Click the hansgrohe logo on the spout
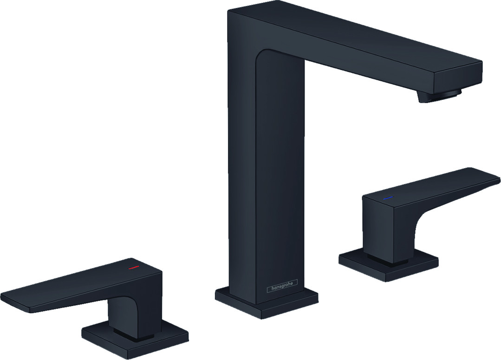point(282,286)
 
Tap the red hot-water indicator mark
point(134,267)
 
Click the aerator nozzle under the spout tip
point(439,96)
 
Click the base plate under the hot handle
point(135,339)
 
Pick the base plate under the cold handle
point(389,266)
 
